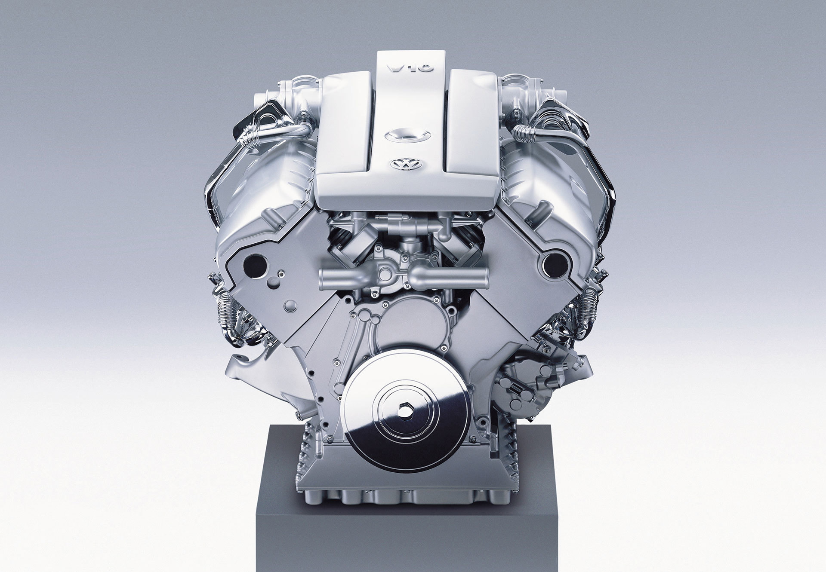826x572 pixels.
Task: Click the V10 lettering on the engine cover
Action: click(410, 68)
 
